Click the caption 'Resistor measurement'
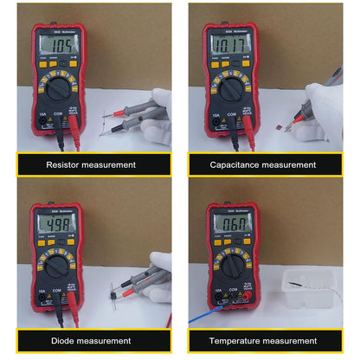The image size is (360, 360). (90, 164)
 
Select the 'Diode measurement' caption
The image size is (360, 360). (90, 341)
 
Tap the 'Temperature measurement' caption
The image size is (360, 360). (270, 341)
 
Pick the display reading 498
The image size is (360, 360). (59, 227)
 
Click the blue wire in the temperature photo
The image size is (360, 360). (200, 316)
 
